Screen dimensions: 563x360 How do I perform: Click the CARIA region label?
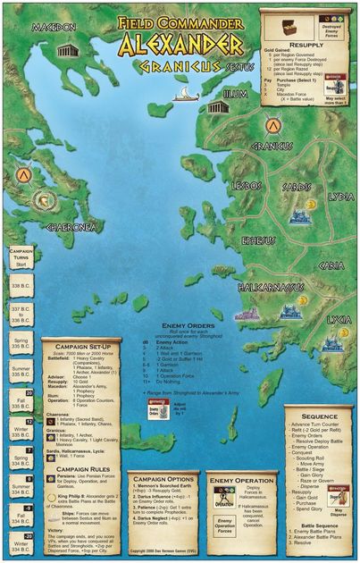pyautogui.click(x=331, y=265)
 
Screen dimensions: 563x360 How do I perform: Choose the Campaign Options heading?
pyautogui.click(x=156, y=478)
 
